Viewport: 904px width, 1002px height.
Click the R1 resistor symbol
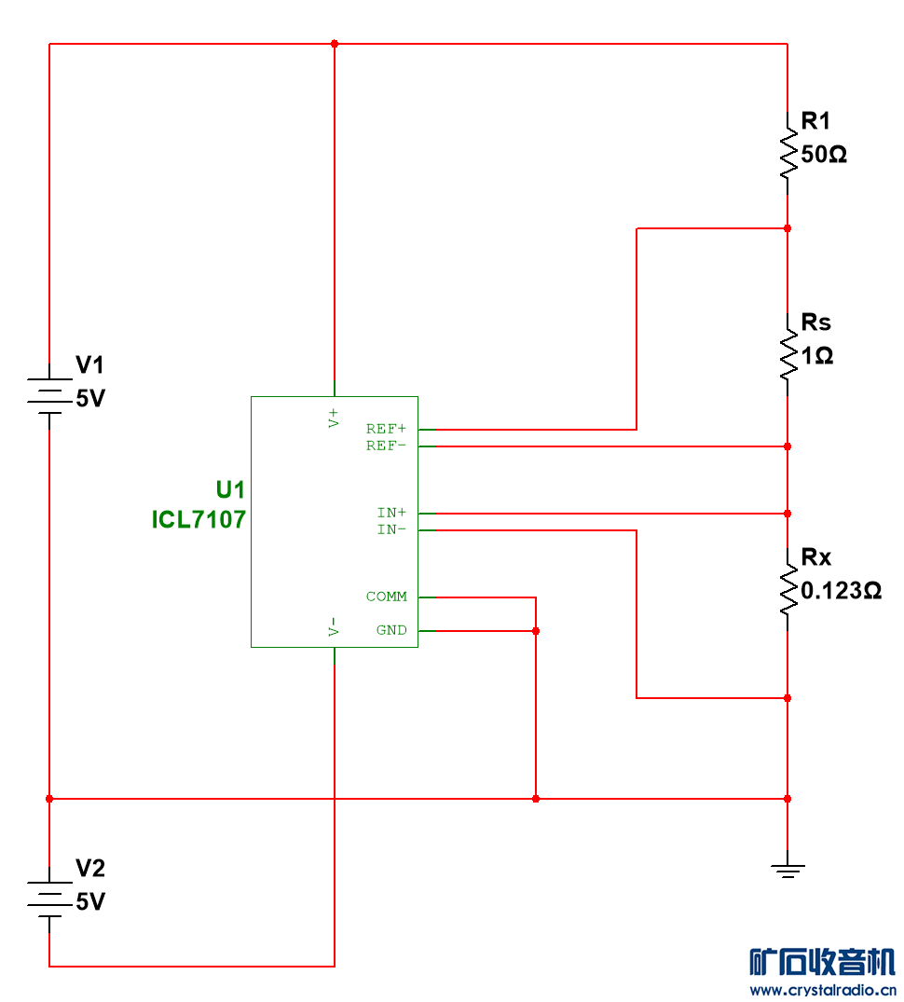click(x=788, y=153)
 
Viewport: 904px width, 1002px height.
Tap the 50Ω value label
click(x=824, y=155)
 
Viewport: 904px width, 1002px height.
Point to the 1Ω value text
click(x=816, y=356)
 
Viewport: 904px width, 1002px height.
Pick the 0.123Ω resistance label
click(x=842, y=591)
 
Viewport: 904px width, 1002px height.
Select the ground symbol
click(x=788, y=871)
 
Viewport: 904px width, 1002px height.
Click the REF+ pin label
click(x=386, y=429)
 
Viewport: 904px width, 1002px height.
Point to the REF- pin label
click(x=386, y=446)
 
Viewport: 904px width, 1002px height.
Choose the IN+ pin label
click(x=391, y=513)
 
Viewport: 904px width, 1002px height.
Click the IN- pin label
click(x=391, y=529)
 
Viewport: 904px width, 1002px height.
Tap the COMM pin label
click(x=386, y=597)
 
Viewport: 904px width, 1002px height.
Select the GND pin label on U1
click(x=391, y=630)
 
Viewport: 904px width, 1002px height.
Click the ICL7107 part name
click(x=199, y=519)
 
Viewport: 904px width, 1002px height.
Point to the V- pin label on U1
click(x=334, y=626)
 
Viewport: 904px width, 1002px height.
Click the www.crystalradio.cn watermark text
click(x=822, y=990)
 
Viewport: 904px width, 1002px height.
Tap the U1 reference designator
click(x=230, y=490)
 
